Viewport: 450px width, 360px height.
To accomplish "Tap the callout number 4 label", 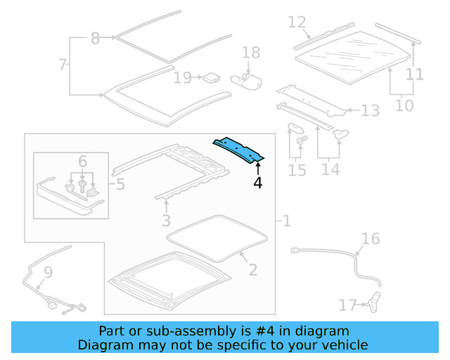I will (x=258, y=183).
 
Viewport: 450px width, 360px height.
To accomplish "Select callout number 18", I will (x=251, y=53).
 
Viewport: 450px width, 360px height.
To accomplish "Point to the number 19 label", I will (x=182, y=77).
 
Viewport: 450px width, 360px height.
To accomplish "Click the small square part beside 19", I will (x=210, y=77).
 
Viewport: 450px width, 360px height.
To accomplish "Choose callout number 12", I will (x=297, y=22).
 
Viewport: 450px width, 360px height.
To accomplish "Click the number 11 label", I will (x=415, y=74).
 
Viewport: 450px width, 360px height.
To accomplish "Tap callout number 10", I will (x=404, y=106).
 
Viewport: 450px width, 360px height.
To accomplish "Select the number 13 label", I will (x=370, y=110).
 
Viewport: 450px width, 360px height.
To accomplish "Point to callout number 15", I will (x=297, y=170).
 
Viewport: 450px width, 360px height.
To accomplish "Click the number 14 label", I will (x=330, y=169).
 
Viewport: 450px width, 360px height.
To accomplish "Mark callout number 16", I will (x=370, y=239).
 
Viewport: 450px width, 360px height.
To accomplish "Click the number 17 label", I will (x=348, y=305).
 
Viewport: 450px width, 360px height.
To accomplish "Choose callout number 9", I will (x=48, y=271).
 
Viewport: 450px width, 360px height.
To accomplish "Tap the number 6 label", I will (x=83, y=162).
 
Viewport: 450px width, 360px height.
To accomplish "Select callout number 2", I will (x=252, y=270).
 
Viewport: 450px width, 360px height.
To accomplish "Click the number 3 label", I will (x=166, y=222).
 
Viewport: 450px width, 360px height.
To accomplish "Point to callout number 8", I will (x=96, y=39).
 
